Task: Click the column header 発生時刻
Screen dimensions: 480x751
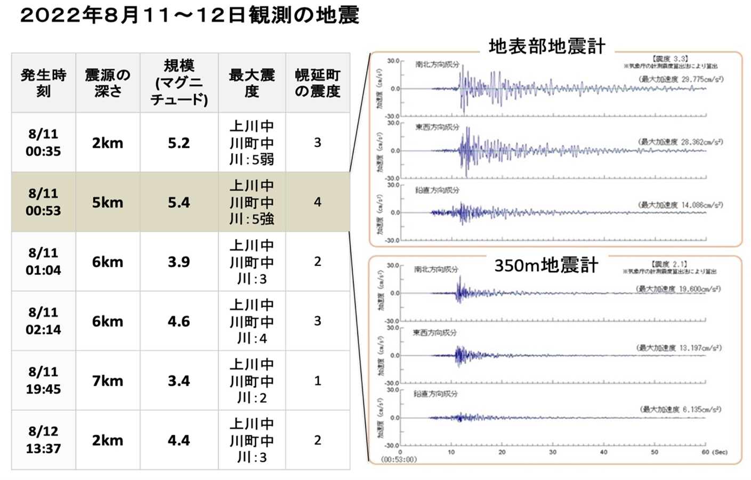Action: tap(44, 83)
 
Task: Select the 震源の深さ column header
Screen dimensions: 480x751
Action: tap(108, 83)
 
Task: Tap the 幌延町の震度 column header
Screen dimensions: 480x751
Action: tap(318, 83)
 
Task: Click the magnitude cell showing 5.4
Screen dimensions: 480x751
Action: tap(179, 202)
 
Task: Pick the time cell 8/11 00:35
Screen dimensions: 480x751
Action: tap(44, 142)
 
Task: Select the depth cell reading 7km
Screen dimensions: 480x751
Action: tap(108, 381)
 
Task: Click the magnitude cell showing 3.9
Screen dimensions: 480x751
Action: tap(179, 262)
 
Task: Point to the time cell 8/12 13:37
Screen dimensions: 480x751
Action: tap(44, 440)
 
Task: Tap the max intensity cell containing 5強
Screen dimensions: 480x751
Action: tap(252, 202)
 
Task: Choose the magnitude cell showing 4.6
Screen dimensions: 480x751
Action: tap(179, 321)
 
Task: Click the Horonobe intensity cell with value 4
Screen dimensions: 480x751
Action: tap(318, 202)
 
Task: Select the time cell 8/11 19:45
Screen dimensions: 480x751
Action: tap(44, 380)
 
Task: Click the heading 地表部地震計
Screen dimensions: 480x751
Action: tap(547, 47)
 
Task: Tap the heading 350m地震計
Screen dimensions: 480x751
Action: tap(546, 265)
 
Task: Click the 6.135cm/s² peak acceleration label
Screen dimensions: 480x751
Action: tap(681, 409)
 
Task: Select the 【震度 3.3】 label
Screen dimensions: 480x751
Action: tap(670, 59)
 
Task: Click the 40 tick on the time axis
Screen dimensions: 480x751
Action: tap(603, 452)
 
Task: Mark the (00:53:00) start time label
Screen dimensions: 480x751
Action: tap(399, 459)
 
